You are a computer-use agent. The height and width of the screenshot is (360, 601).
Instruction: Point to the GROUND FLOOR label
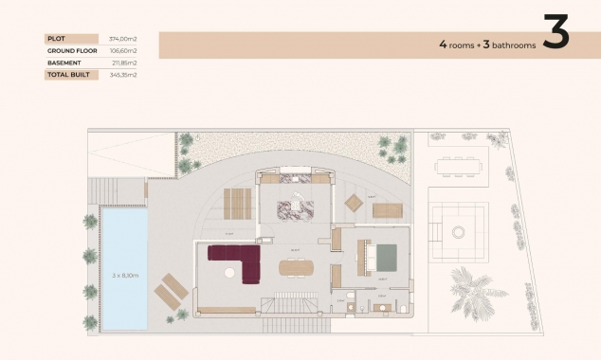point(67,50)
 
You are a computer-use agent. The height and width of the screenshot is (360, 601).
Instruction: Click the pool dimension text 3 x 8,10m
point(124,276)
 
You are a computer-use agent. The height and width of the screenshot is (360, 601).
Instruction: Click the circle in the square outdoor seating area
point(459,231)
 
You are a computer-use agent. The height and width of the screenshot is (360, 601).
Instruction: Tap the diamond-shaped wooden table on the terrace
point(353,202)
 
